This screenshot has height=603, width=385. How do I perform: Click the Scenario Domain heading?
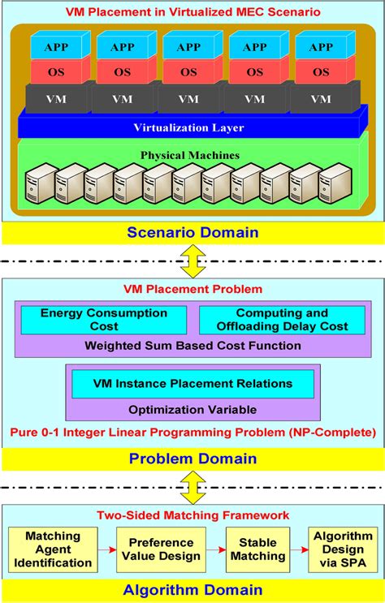pyautogui.click(x=193, y=233)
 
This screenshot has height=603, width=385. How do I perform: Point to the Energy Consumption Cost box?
pyautogui.click(x=104, y=319)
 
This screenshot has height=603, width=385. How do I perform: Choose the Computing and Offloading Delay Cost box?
pyautogui.click(x=280, y=319)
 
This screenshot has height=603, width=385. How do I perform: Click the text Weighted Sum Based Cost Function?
pyautogui.click(x=193, y=347)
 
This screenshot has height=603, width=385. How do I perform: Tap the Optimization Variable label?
pyautogui.click(x=193, y=409)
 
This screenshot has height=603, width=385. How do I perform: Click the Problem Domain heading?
pyautogui.click(x=193, y=459)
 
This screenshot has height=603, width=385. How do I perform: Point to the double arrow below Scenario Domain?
pyautogui.click(x=193, y=261)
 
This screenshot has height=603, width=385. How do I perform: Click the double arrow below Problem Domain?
pyautogui.click(x=193, y=487)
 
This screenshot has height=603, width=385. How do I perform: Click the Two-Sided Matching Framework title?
pyautogui.click(x=193, y=515)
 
